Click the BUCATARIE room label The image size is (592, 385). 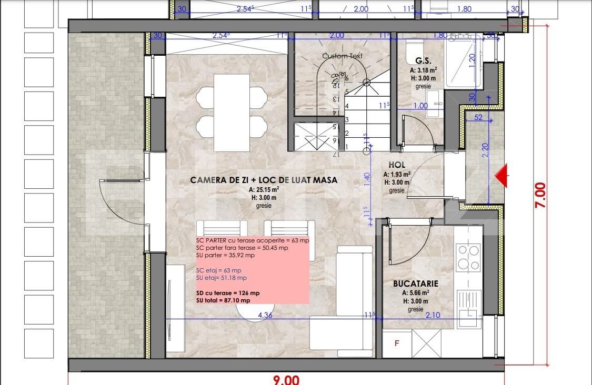click(x=416, y=283)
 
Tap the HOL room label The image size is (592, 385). click(x=397, y=165)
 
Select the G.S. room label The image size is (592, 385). click(x=424, y=60)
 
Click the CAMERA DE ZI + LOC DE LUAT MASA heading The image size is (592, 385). click(x=264, y=180)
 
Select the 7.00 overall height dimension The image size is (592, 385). click(x=540, y=195)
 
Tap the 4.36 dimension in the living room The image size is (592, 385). click(x=265, y=316)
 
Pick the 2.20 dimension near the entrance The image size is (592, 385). click(x=485, y=150)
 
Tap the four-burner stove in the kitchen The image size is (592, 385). click(x=468, y=257)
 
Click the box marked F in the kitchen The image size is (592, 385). click(x=397, y=343)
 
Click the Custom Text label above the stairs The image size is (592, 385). click(x=343, y=56)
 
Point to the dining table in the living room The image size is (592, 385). click(x=232, y=112)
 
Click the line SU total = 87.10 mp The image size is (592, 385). click(x=223, y=300)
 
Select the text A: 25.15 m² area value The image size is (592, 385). click(x=264, y=189)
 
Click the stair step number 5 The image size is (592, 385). click(x=347, y=92)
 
